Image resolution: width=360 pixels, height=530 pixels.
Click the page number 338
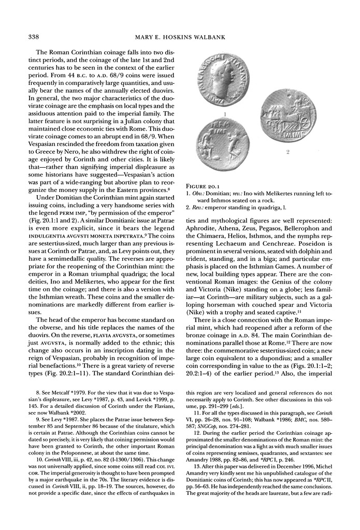point(27,37)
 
